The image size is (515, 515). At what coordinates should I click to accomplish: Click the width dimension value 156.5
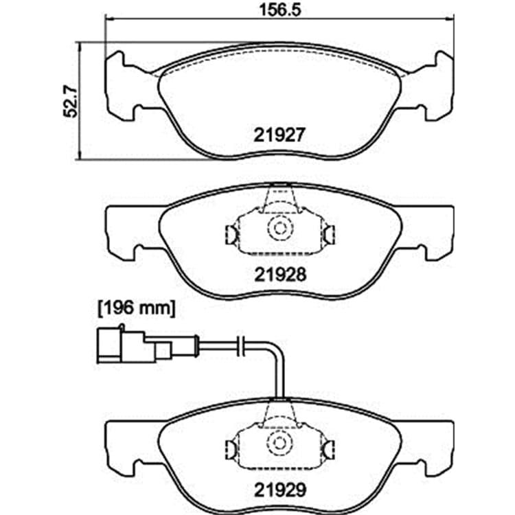(280, 10)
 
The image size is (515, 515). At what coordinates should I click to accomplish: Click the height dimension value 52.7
(70, 101)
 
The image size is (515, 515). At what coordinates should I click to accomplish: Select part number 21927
(280, 135)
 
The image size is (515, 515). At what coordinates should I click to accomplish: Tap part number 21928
(280, 275)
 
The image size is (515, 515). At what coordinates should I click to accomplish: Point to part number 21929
(280, 490)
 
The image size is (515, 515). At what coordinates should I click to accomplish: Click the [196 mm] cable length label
(137, 309)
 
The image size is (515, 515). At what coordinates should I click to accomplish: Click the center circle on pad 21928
(280, 227)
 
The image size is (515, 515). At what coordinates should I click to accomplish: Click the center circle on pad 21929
(279, 443)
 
